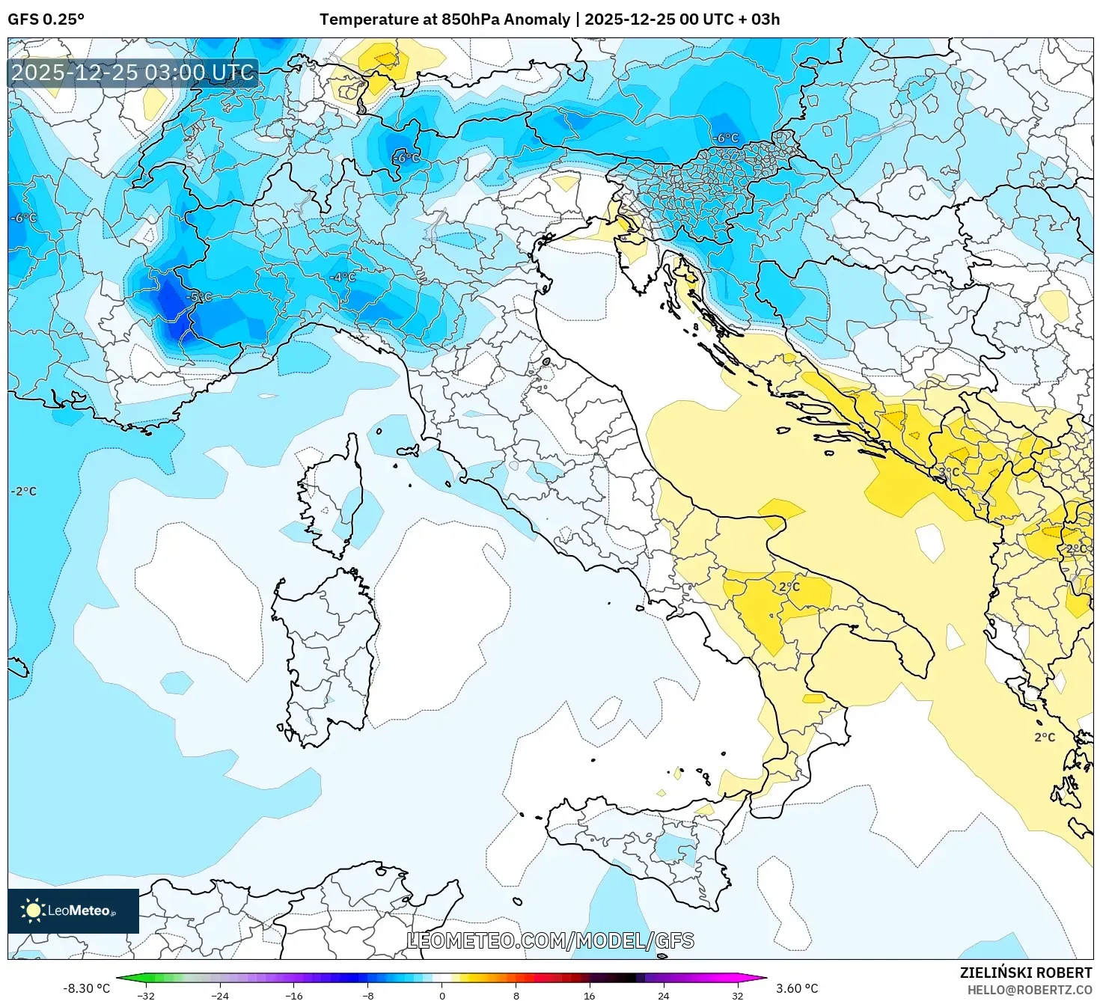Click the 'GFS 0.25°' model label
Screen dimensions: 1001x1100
[46, 19]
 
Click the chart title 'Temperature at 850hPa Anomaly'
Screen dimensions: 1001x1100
[444, 19]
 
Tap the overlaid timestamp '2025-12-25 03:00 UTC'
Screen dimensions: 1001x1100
[133, 73]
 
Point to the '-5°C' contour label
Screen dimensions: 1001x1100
[199, 297]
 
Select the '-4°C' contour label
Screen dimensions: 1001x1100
[343, 278]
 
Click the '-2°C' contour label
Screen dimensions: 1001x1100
[23, 492]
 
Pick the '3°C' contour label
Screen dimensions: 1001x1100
[949, 472]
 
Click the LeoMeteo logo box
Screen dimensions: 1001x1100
[73, 910]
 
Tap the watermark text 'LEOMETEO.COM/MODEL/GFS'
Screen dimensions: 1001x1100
[550, 940]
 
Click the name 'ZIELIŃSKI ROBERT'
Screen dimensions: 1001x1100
[1026, 973]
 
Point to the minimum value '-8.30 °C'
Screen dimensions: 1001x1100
[86, 988]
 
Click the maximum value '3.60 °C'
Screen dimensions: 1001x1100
[797, 988]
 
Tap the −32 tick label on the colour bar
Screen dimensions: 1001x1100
[146, 995]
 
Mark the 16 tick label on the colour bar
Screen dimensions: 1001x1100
[590, 995]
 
